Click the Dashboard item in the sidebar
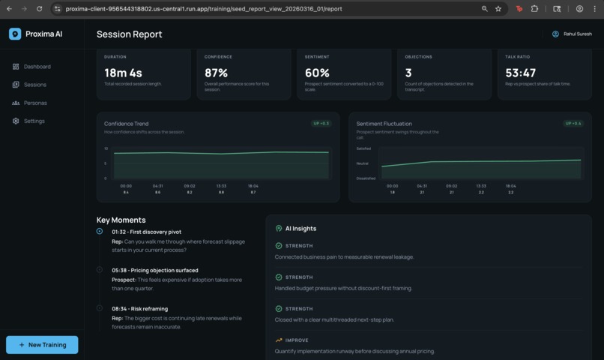36,67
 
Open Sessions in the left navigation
34,85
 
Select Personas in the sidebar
34,103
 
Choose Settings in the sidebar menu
34,121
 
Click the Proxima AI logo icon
15,34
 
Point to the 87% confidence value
216,73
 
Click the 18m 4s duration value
123,73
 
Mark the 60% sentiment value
317,73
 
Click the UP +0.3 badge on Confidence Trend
321,124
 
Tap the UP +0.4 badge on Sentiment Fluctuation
573,124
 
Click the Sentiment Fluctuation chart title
384,124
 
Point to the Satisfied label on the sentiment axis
363,148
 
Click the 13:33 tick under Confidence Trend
221,186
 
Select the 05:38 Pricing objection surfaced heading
155,270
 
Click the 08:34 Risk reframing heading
139,308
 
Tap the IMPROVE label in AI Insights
297,340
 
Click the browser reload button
40,9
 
